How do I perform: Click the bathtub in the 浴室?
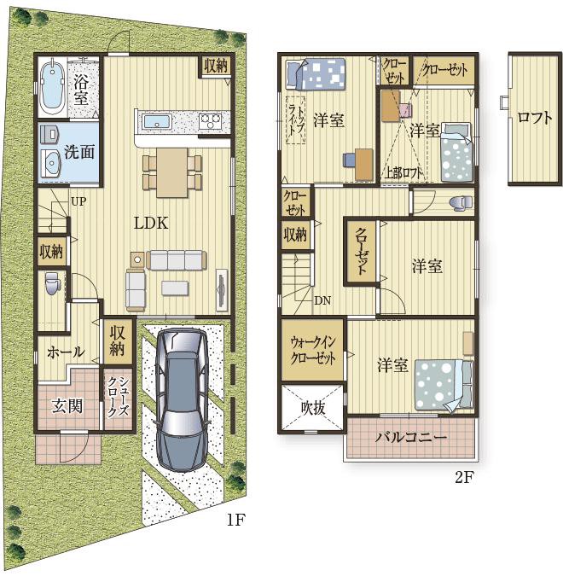[52, 87]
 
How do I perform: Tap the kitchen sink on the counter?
[157, 122]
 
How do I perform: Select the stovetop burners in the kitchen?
[211, 121]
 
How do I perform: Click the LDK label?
[151, 223]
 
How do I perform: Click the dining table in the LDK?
[171, 172]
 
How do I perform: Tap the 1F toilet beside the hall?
[53, 282]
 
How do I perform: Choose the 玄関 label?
[67, 406]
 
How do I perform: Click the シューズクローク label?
[118, 397]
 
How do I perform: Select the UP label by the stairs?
[78, 201]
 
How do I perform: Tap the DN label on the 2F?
[322, 300]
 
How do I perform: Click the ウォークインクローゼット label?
[313, 351]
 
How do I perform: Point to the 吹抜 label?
[313, 407]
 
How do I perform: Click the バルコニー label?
[411, 437]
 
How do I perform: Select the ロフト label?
[534, 118]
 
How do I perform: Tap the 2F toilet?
[461, 203]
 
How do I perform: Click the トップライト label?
[296, 119]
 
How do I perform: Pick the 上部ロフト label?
[403, 172]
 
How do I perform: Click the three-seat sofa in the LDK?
[176, 260]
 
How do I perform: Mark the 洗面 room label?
[79, 152]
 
